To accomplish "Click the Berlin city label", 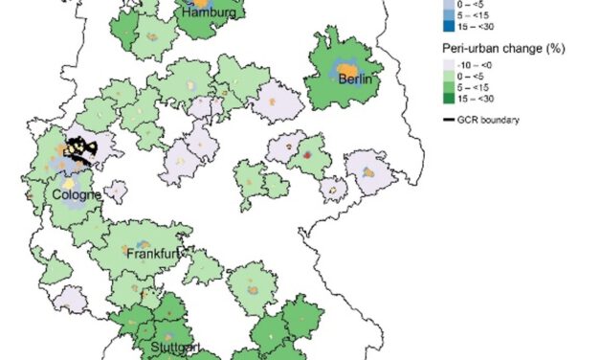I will [x=354, y=80].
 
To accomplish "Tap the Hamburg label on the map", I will [x=203, y=13].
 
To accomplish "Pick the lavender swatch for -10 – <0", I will [x=450, y=63].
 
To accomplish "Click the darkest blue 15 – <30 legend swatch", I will [x=450, y=28].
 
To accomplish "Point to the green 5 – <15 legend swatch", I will [x=450, y=88].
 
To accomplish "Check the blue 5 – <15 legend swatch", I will [x=450, y=15].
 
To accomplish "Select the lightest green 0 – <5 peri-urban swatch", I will [x=450, y=76].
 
